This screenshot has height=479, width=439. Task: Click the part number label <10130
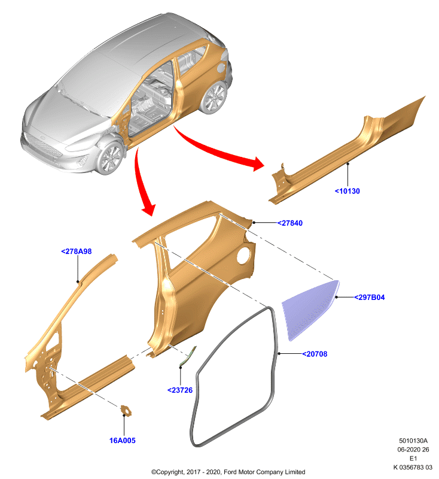point(347,191)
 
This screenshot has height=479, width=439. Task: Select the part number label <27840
point(290,223)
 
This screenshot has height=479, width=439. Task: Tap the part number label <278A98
point(77,251)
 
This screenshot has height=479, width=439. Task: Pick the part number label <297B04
point(369,298)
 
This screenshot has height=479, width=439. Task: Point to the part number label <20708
point(315,354)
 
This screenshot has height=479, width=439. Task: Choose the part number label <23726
point(180,390)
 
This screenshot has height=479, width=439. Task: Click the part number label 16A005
point(123,441)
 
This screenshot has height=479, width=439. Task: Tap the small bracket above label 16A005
point(126,410)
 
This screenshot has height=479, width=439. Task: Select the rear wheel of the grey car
point(214,97)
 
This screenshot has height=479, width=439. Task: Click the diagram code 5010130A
point(413,441)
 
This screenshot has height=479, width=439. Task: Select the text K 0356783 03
point(413,468)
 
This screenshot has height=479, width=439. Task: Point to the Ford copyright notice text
point(228,472)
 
